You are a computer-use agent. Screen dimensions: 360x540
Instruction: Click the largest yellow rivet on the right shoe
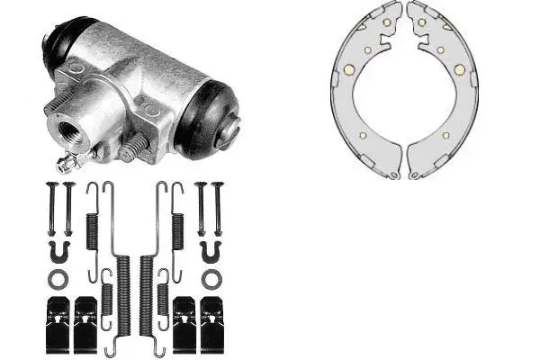(x=458, y=69)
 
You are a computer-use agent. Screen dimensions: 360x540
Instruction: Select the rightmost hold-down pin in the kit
(x=216, y=207)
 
